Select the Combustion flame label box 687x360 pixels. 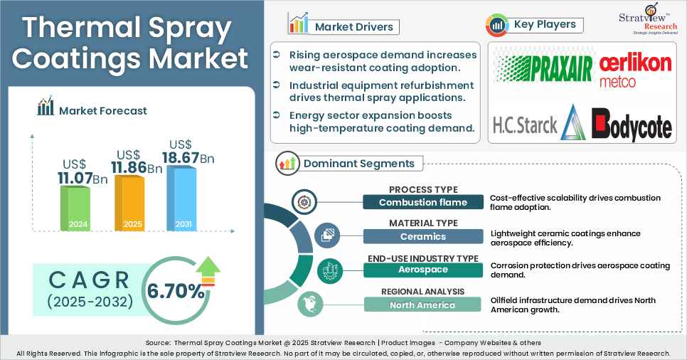pyautogui.click(x=422, y=202)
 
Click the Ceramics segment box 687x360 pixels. pyautogui.click(x=422, y=236)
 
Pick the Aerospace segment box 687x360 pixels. pyautogui.click(x=422, y=270)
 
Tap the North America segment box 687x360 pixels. pyautogui.click(x=422, y=305)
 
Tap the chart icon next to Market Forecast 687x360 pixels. pyautogui.click(x=46, y=108)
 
